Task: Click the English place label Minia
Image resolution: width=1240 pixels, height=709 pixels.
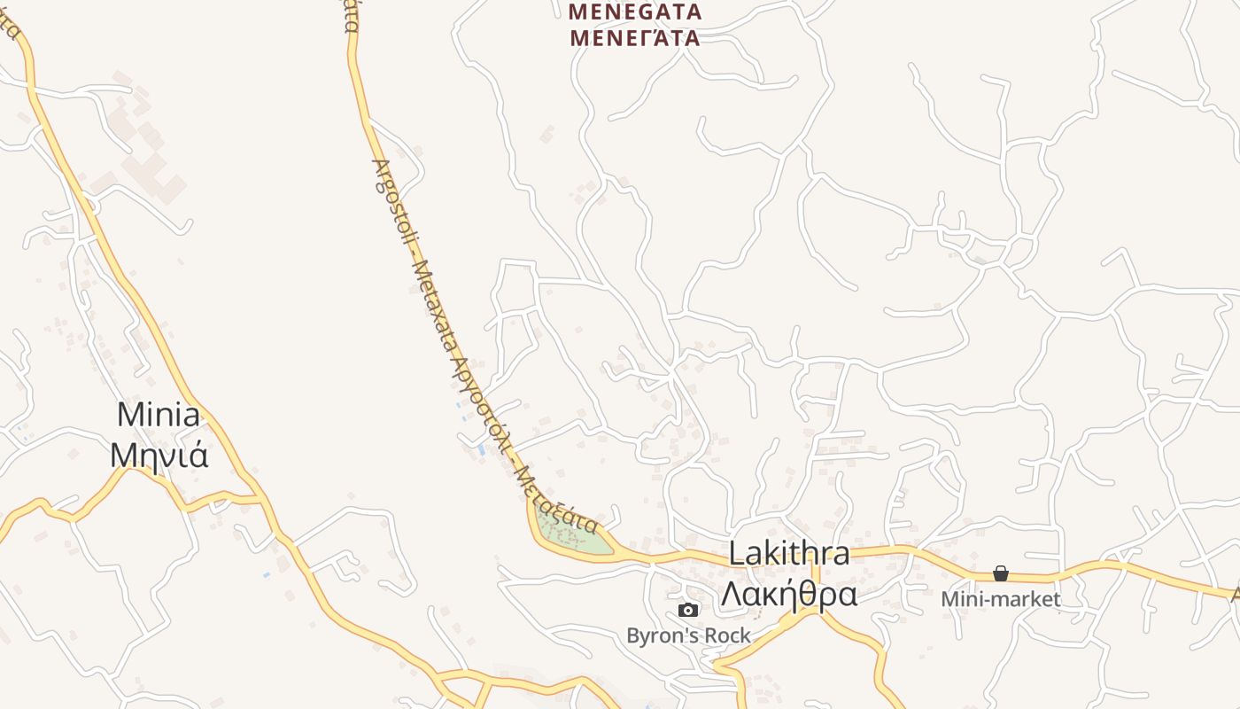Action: point(158,415)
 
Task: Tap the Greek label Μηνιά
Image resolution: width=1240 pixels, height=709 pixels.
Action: point(159,455)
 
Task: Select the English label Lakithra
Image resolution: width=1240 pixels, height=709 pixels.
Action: point(788,554)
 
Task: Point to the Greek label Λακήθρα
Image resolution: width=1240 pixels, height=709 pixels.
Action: point(788,594)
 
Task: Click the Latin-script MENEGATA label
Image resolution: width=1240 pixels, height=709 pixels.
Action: point(635,12)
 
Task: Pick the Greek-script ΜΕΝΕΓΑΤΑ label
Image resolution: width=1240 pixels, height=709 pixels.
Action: point(635,38)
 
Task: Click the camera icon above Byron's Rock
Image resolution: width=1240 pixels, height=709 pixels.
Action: point(688,610)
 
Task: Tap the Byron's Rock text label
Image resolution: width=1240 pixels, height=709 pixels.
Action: point(688,635)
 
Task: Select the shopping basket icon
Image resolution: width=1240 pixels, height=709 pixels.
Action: point(1001,573)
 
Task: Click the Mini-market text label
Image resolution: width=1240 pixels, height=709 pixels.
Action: point(1001,599)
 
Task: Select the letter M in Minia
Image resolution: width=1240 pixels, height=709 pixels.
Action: point(130,415)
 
